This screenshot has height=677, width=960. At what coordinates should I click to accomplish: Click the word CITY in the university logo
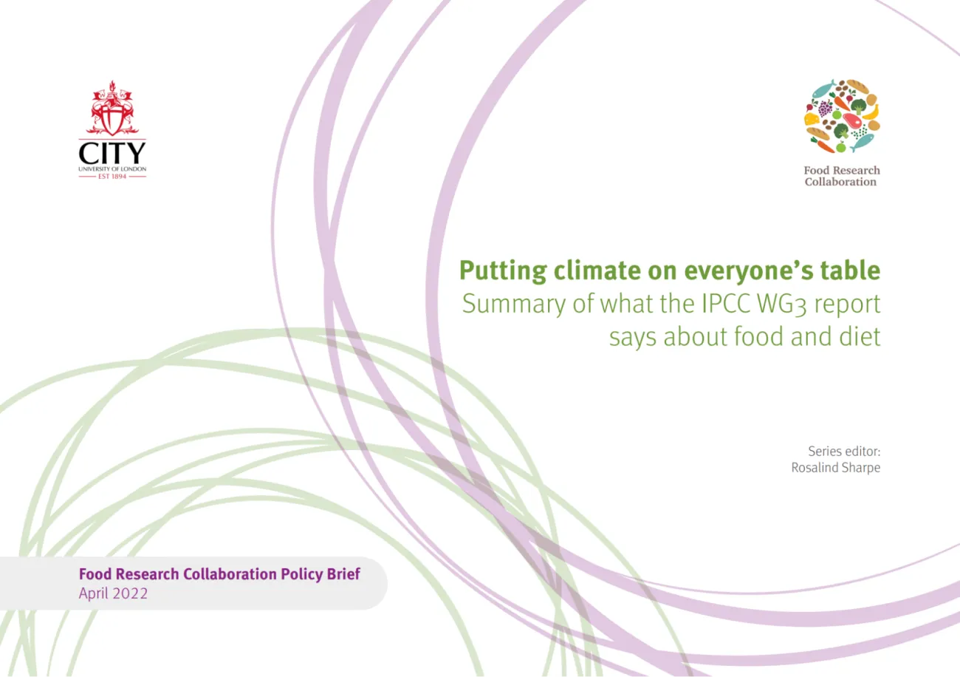(x=112, y=153)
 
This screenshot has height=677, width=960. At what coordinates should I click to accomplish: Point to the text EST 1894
(x=112, y=177)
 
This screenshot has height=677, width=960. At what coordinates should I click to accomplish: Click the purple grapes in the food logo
(x=826, y=108)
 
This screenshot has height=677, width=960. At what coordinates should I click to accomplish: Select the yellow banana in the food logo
(x=871, y=112)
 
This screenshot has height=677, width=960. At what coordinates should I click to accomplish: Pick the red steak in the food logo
(x=852, y=120)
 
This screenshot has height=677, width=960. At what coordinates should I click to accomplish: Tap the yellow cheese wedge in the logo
(x=812, y=119)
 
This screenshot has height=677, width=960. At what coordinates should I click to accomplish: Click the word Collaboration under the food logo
(x=840, y=182)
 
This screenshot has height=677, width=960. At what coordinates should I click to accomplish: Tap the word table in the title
(x=850, y=270)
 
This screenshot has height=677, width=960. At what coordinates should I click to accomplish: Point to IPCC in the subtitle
(x=726, y=303)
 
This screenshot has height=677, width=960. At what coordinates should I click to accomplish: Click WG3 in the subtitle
(x=782, y=305)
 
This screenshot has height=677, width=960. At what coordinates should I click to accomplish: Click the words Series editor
(x=844, y=452)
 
